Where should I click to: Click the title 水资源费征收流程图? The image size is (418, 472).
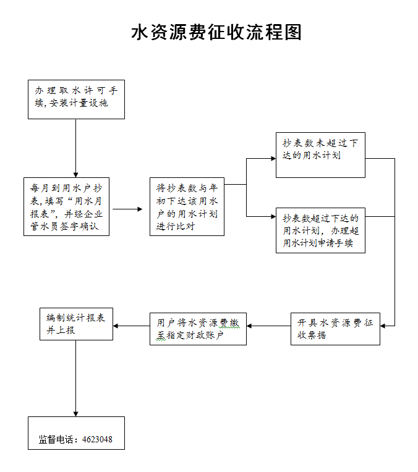coord(216,32)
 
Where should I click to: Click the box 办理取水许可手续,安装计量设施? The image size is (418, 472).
coord(76,99)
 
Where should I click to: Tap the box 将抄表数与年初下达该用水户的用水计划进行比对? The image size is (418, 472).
coord(187,207)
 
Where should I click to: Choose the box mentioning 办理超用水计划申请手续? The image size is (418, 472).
coord(320,230)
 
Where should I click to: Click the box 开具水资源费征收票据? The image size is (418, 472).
coord(335,329)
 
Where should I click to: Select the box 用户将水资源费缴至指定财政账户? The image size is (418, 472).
coord(198,329)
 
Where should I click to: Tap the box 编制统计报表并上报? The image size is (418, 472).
coord(76,323)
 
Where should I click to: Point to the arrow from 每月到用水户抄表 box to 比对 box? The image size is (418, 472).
coord(128,209)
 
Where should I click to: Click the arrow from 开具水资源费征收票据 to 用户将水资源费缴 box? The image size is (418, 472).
coord(268,326)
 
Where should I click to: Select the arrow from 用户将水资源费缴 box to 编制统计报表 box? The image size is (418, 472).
coord(131,326)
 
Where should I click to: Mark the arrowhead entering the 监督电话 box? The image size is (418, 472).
coord(76,413)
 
